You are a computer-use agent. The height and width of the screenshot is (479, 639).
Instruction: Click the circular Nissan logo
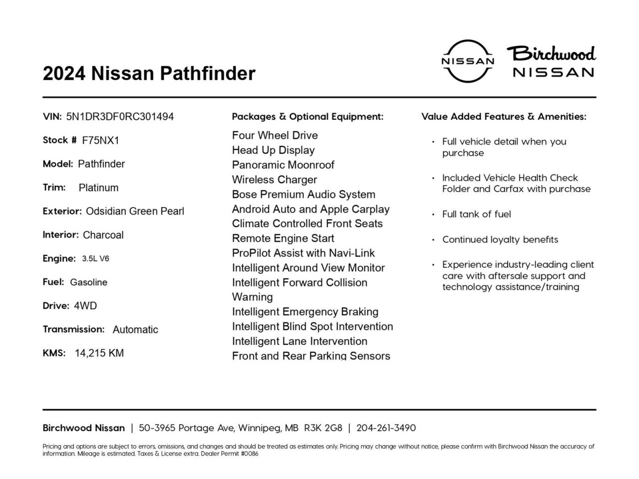coord(467,61)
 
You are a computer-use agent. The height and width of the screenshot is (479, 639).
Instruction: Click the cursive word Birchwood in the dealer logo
coord(552,53)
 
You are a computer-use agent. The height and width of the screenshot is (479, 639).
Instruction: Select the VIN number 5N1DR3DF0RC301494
coord(120,117)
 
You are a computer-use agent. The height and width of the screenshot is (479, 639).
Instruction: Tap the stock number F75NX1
coord(101,141)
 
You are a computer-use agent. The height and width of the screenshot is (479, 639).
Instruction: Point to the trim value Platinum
coord(98,188)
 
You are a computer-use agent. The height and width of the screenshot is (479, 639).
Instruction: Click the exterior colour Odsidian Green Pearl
coord(135,212)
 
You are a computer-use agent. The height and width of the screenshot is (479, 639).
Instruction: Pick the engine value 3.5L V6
coord(95,259)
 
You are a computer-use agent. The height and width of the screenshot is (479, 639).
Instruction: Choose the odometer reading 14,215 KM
coord(99,353)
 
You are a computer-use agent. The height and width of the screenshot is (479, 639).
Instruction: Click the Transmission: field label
coord(73,329)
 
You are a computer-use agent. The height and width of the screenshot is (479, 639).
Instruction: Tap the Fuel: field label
coord(53,282)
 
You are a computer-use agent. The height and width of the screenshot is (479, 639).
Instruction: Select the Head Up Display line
coord(273,150)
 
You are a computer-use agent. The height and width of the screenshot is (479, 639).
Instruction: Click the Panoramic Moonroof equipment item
coord(283,165)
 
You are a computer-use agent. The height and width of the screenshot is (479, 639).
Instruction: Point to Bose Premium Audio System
coord(304,195)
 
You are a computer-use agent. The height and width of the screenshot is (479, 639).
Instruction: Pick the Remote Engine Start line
coord(283,239)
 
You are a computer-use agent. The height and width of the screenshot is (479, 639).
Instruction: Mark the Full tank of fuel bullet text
coord(476,215)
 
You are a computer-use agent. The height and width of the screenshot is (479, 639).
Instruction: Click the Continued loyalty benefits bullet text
coord(500,239)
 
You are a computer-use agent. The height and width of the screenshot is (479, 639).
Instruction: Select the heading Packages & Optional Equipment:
coord(308,117)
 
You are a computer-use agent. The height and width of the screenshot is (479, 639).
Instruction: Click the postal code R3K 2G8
coord(323,428)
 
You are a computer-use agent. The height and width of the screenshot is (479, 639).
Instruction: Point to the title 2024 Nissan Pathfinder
coord(149,73)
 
